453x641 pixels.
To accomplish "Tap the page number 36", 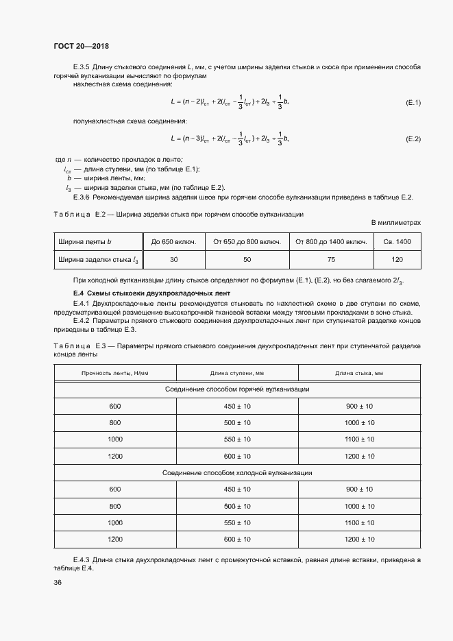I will (x=58, y=583).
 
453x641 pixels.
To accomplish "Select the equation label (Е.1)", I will (x=413, y=102).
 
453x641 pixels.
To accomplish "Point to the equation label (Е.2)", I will (x=413, y=139).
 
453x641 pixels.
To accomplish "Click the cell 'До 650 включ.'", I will (x=173, y=242).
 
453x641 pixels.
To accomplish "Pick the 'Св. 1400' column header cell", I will (x=397, y=242).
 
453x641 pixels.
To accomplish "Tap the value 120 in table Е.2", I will (x=397, y=260).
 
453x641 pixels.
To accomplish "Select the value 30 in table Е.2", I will (x=173, y=260).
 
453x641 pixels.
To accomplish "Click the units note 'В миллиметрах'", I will (x=396, y=223).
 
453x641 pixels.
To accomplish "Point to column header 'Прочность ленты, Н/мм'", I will (x=115, y=372).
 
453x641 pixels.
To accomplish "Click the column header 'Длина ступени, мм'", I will (x=237, y=372).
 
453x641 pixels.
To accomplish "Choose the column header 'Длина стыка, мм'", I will (x=359, y=372).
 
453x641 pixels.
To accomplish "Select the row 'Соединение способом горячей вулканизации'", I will (x=237, y=389).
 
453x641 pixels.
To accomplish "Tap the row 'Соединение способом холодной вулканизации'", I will (x=237, y=473).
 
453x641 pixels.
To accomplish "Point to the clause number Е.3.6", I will (x=83, y=197).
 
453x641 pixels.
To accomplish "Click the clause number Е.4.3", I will (x=83, y=561).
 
